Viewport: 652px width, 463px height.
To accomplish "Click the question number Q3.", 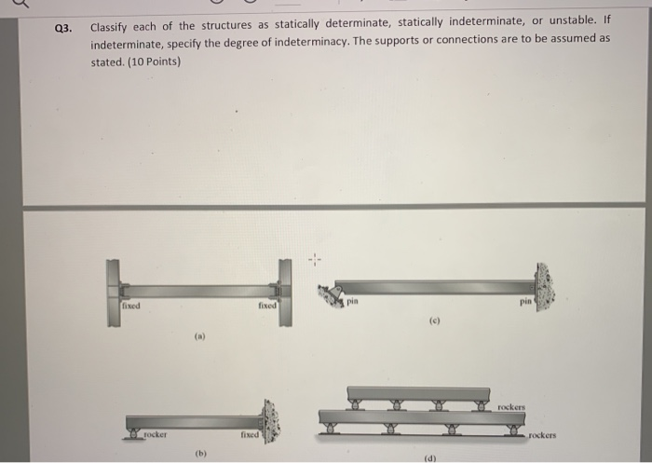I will pyautogui.click(x=62, y=29).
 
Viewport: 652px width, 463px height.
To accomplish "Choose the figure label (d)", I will pyautogui.click(x=429, y=456).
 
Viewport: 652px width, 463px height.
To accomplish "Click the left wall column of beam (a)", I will pyautogui.click(x=113, y=291).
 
